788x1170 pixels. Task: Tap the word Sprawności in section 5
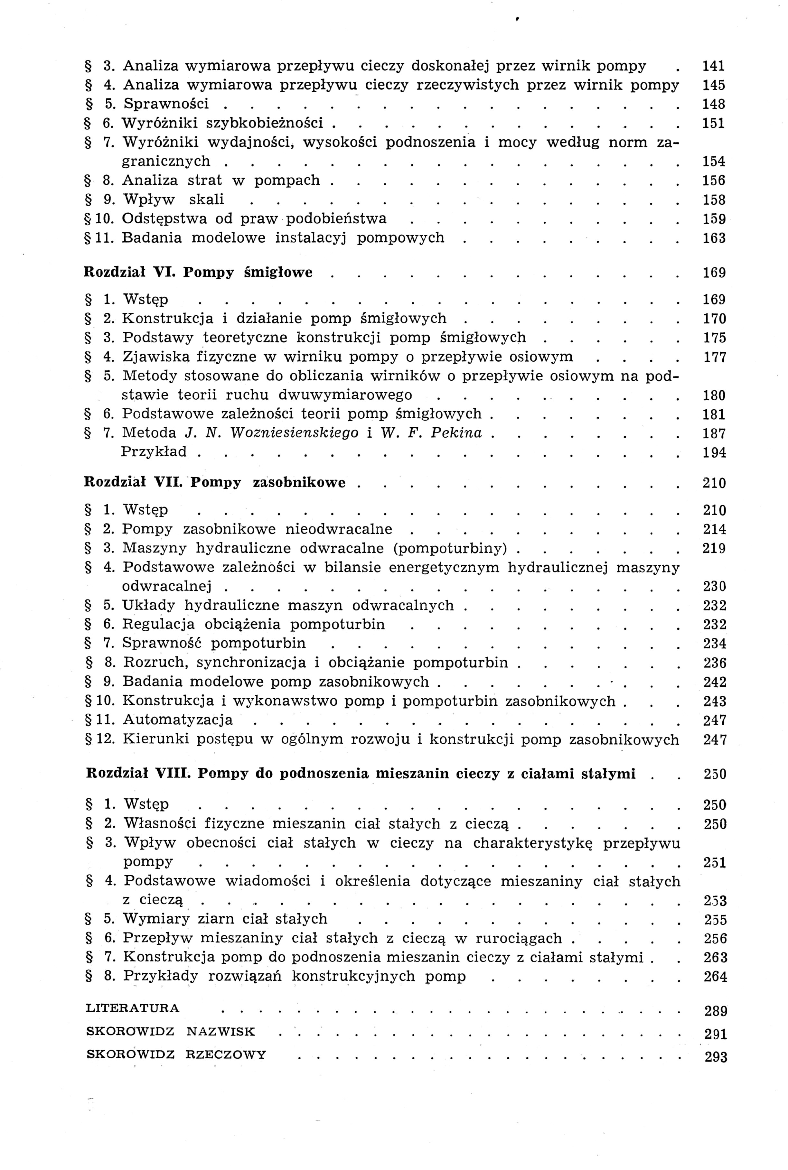tap(166, 104)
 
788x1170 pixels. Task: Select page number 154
tap(714, 162)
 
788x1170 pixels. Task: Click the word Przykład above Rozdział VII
tap(154, 452)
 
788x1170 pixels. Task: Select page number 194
tap(714, 453)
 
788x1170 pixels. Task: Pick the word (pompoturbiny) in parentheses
tap(451, 548)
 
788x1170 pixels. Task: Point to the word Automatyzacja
tap(178, 720)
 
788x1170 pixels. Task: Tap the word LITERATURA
tap(133, 1008)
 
